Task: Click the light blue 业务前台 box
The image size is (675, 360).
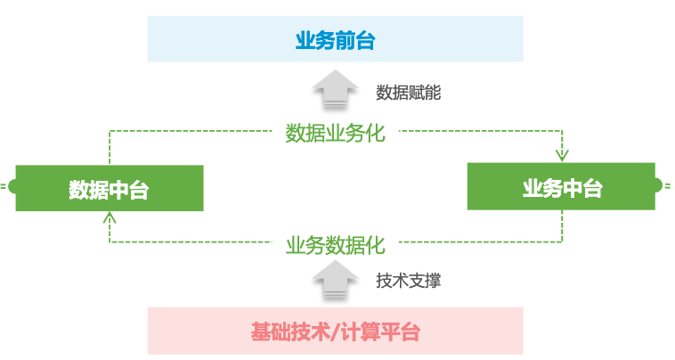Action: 335,41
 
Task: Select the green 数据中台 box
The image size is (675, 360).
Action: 109,188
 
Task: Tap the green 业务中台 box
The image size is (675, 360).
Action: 562,187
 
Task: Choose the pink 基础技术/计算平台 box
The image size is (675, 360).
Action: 335,332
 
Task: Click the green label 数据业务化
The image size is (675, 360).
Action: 335,134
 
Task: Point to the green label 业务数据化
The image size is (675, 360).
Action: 335,245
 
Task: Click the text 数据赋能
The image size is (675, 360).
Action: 408,93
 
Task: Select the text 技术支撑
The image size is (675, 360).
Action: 408,281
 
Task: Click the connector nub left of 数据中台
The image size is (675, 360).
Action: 7,187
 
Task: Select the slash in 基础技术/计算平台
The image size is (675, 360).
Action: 332,333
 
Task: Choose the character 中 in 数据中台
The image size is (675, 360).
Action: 118,189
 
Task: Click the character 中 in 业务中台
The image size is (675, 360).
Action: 573,188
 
